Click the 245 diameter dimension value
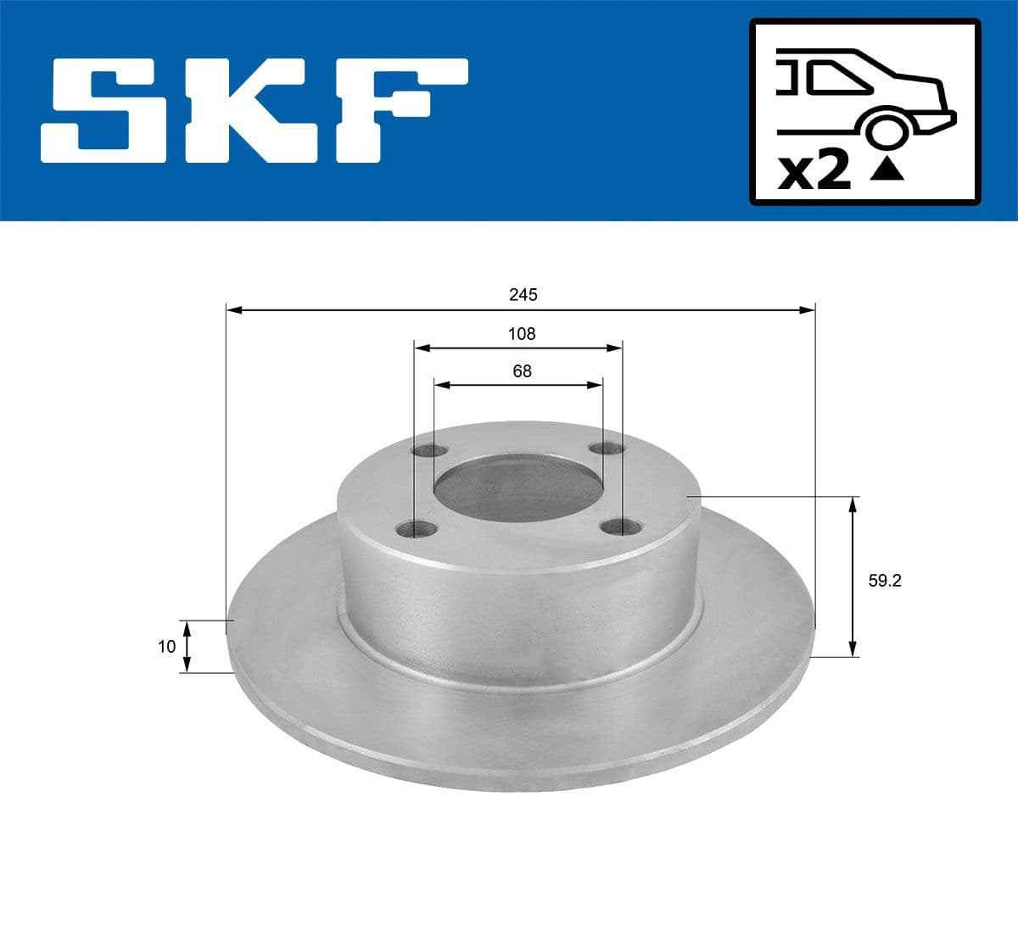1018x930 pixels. click(x=523, y=295)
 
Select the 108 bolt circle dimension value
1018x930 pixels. click(x=522, y=334)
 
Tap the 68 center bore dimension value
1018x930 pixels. click(x=522, y=371)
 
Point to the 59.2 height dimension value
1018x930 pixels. click(x=884, y=581)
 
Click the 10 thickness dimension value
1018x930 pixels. click(x=166, y=647)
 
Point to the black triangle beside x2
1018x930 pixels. click(x=887, y=170)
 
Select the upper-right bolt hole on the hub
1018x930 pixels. click(x=607, y=448)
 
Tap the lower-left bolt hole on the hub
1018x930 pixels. click(x=417, y=530)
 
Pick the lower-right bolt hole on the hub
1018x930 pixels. click(x=620, y=527)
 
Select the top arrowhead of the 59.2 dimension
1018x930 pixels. click(x=853, y=504)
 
